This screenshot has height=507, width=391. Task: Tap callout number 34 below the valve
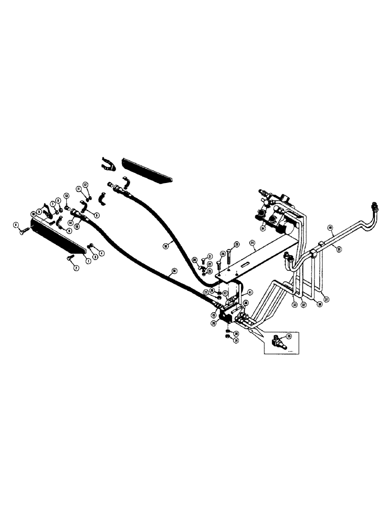point(263,229)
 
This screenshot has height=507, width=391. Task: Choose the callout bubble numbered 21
point(210,256)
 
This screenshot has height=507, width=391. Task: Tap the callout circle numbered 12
point(85,184)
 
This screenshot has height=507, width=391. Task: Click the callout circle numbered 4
point(102,252)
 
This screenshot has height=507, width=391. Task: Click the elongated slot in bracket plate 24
point(244,265)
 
